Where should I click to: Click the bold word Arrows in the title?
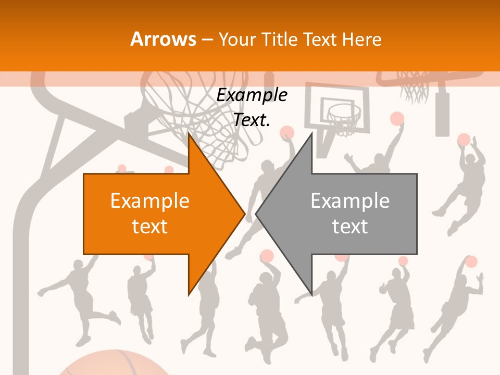(162, 40)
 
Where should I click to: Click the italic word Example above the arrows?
(252, 95)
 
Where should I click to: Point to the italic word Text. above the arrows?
(252, 120)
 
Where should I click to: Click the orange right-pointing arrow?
(156, 214)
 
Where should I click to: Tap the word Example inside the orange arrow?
(150, 201)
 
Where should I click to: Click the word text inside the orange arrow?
(150, 226)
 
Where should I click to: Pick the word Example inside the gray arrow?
(350, 201)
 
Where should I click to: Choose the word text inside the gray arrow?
(350, 226)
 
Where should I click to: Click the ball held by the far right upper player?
(464, 140)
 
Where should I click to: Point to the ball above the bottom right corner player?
(471, 261)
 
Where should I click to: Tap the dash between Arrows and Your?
(206, 40)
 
